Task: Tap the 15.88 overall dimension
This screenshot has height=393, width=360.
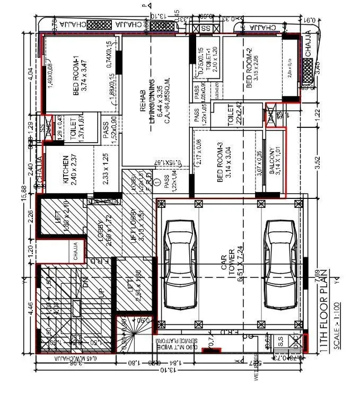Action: [x=23, y=189]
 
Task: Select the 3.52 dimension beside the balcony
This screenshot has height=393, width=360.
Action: [x=318, y=161]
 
